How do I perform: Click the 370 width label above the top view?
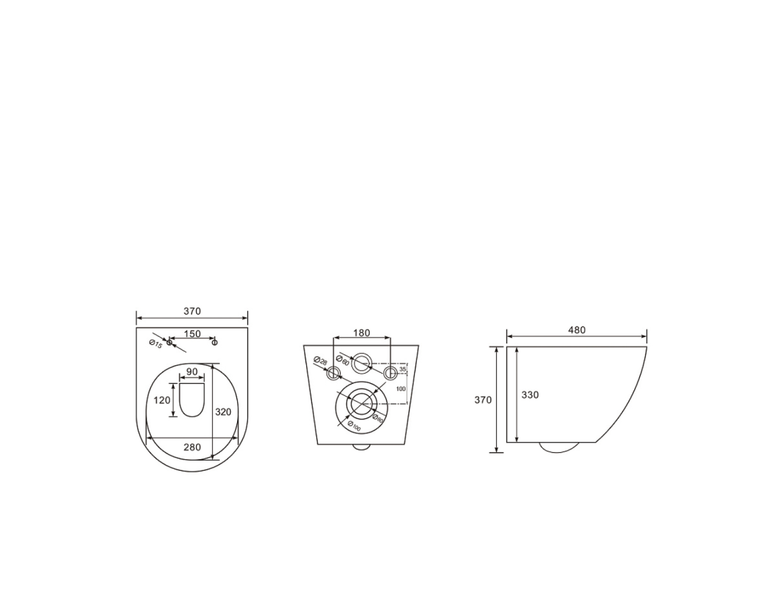click(x=192, y=311)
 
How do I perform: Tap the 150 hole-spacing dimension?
click(x=192, y=334)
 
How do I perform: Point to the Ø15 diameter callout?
click(x=156, y=344)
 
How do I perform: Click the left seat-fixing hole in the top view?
click(x=169, y=342)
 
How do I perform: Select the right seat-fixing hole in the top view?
click(x=215, y=342)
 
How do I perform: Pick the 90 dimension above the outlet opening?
click(x=192, y=371)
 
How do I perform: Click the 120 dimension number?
click(x=162, y=400)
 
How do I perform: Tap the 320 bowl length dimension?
click(x=223, y=412)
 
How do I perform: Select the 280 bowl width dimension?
click(x=192, y=447)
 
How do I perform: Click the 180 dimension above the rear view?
click(x=362, y=333)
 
